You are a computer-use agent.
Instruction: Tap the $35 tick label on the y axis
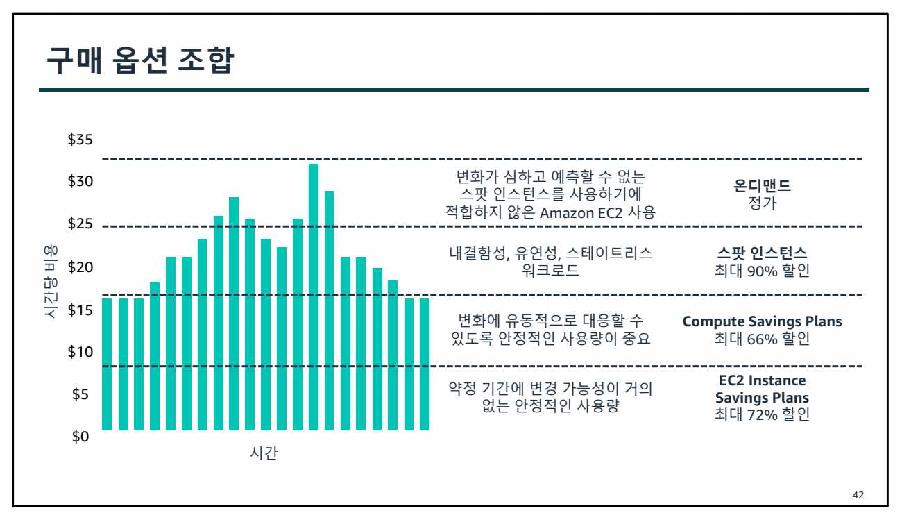80,140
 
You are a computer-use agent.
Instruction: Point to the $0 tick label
82,437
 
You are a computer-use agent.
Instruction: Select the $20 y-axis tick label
80,267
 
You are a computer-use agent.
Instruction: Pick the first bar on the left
107,364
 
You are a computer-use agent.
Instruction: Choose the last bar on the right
425,364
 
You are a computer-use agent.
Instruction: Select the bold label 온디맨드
763,186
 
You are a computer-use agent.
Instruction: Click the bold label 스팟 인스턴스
763,253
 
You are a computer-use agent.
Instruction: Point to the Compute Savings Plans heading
763,321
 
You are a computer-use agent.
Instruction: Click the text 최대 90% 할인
763,271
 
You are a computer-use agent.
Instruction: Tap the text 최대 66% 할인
763,339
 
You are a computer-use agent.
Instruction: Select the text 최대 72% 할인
763,416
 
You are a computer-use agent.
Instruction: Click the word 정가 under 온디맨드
763,204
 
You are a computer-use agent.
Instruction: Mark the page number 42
858,495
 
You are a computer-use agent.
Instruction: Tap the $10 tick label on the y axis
80,352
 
